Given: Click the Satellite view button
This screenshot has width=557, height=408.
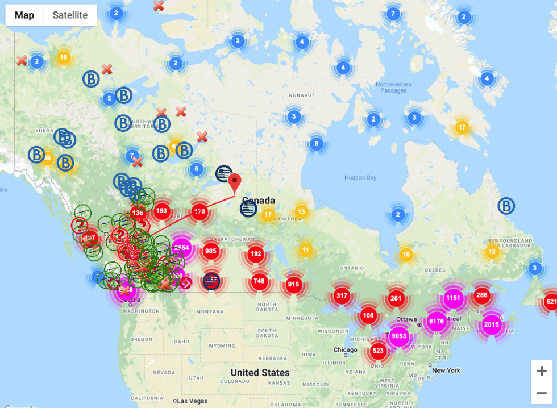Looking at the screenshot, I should click(70, 15).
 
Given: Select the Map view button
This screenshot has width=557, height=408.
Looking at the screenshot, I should click(24, 15).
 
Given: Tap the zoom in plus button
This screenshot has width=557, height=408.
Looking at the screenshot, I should click(541, 371).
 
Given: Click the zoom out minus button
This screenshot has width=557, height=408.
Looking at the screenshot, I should click(541, 393).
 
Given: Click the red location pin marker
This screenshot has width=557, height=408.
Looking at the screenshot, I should click(235, 183).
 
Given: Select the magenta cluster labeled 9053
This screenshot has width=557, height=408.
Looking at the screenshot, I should click(399, 336).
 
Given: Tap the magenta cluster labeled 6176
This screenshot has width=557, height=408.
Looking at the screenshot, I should click(436, 322).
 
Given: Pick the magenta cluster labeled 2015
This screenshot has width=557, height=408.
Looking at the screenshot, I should click(492, 325).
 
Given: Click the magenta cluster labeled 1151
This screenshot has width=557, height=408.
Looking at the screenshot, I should click(453, 298).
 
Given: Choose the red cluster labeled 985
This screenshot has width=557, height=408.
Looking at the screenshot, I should click(211, 251).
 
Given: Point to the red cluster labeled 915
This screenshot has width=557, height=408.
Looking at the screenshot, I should click(293, 284).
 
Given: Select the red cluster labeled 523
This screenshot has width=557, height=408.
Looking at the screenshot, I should click(377, 351).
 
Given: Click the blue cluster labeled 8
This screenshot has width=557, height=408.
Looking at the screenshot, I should click(317, 144).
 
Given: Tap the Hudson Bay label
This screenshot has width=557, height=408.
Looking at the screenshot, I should click(360, 178).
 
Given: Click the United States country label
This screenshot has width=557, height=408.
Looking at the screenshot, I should click(260, 373).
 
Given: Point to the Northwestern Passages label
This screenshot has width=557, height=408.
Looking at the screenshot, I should click(393, 88).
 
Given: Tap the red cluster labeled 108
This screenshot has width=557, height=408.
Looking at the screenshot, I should click(368, 315).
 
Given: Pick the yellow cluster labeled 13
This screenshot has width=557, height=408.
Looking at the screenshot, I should click(301, 212).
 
